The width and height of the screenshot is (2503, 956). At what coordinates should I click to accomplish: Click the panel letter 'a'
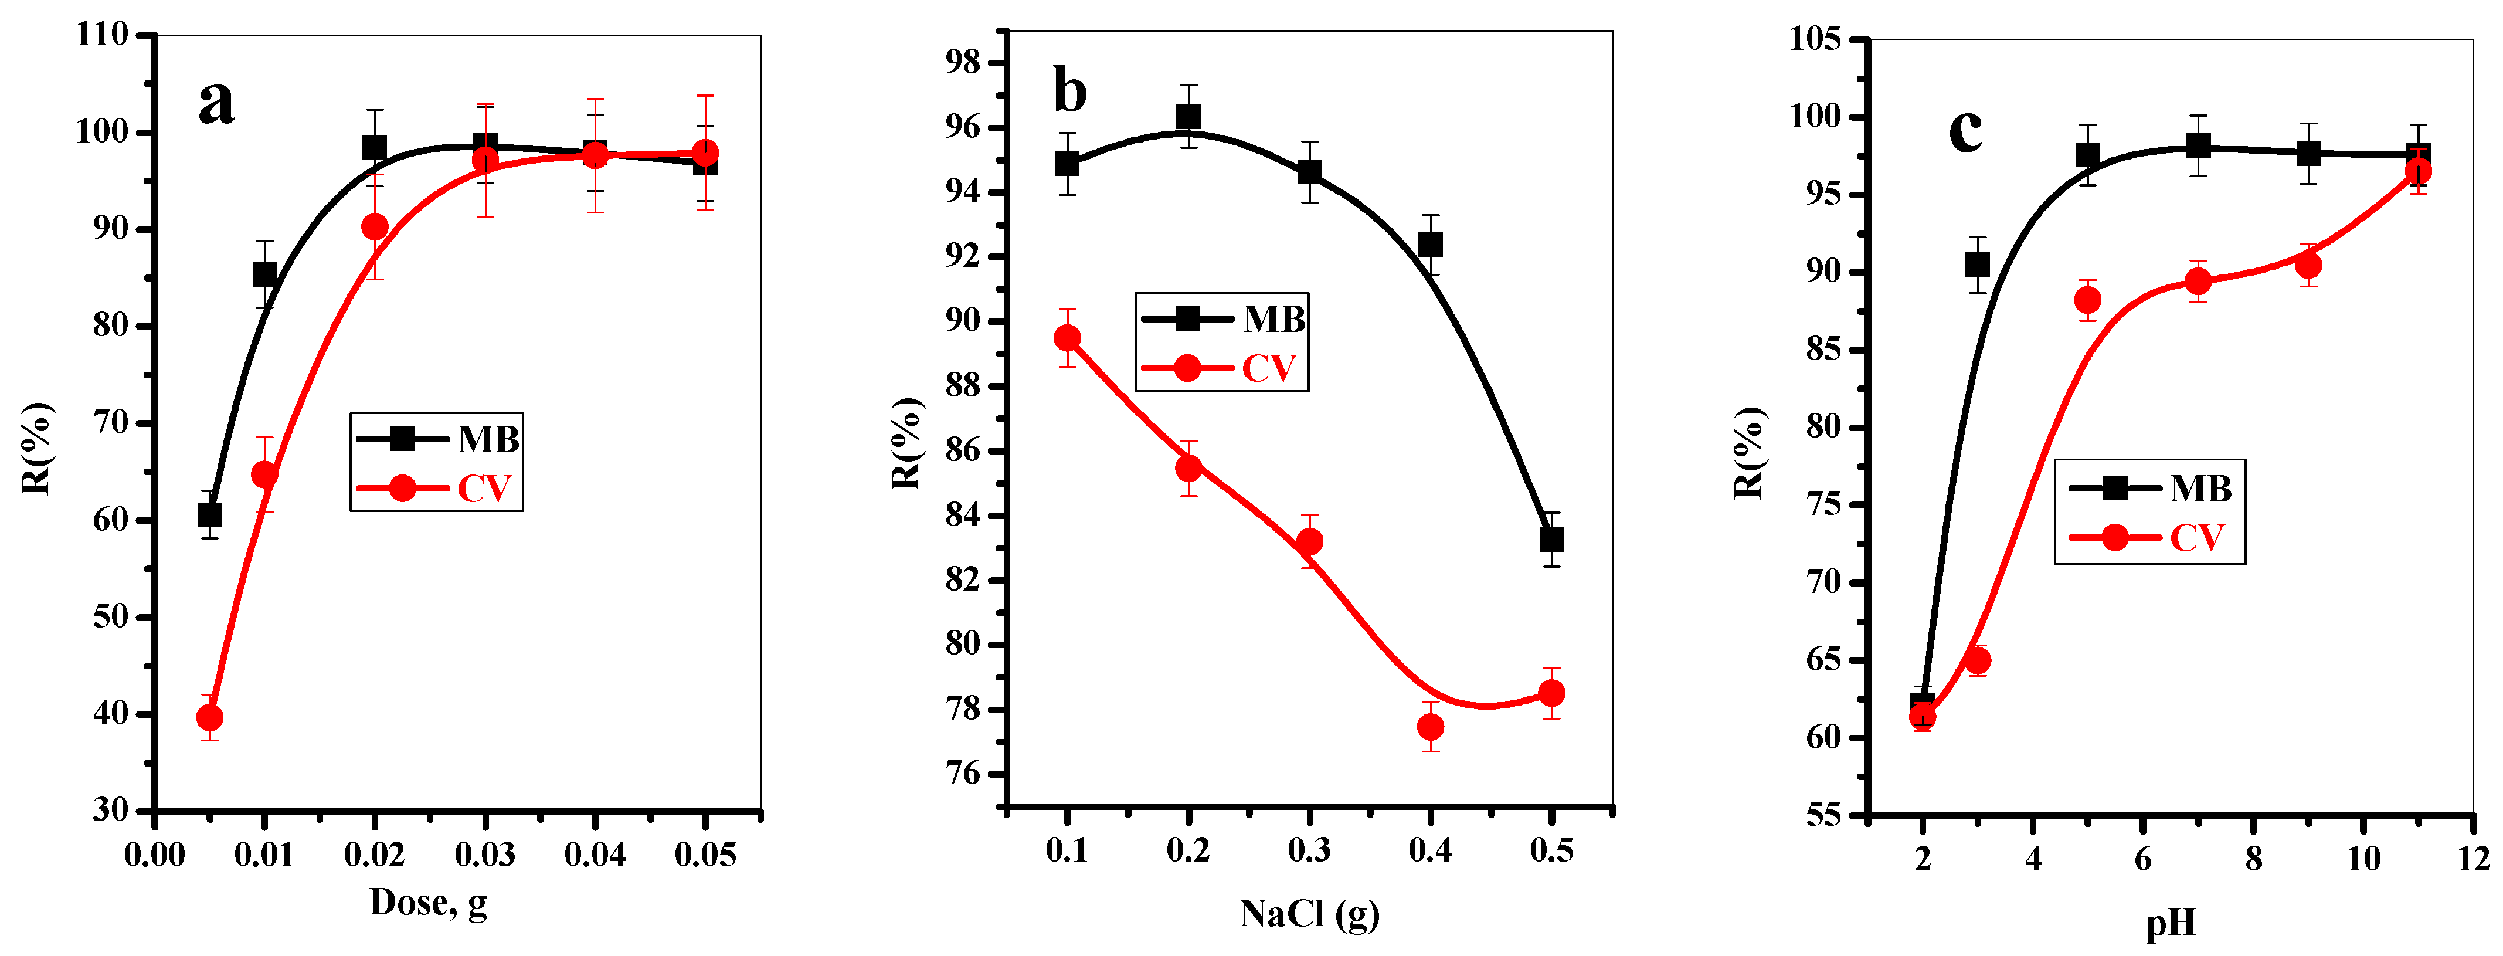[x=216, y=102]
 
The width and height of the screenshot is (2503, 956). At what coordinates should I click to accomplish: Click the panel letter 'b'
[x=1070, y=91]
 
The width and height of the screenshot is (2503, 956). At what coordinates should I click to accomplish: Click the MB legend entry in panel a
[x=437, y=439]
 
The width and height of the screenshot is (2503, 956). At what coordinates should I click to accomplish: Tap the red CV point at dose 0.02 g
[x=375, y=228]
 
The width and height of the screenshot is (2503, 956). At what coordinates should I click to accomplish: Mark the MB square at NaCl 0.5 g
[x=1552, y=539]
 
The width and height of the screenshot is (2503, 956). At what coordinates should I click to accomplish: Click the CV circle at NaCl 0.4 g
[x=1430, y=727]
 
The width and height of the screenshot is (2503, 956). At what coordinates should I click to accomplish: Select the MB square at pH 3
[x=1977, y=265]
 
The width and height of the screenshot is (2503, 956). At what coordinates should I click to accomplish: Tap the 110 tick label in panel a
[x=103, y=35]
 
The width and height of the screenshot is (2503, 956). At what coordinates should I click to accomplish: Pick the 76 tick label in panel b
[x=964, y=774]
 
